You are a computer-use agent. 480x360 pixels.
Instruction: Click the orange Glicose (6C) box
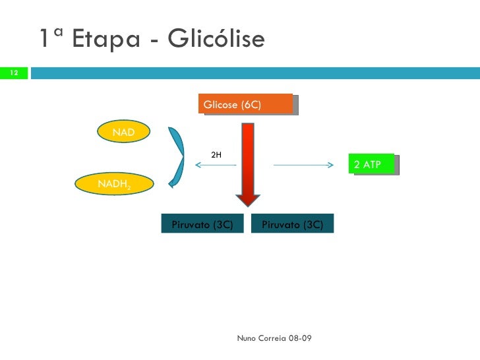point(245,105)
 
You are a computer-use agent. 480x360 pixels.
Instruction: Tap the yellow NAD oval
point(123,133)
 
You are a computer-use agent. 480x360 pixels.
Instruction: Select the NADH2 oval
point(114,185)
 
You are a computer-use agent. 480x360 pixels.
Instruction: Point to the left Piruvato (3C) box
point(202,224)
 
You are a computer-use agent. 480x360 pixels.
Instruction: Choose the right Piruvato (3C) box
point(292,224)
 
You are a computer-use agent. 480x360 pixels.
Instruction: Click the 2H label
point(216,155)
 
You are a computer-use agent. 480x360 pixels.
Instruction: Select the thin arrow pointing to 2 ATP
point(303,165)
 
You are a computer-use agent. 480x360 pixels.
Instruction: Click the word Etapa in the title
point(105,40)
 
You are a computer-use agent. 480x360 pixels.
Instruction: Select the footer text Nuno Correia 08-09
point(274,338)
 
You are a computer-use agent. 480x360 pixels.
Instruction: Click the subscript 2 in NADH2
point(129,189)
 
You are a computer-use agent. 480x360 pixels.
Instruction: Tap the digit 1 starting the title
point(44,40)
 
